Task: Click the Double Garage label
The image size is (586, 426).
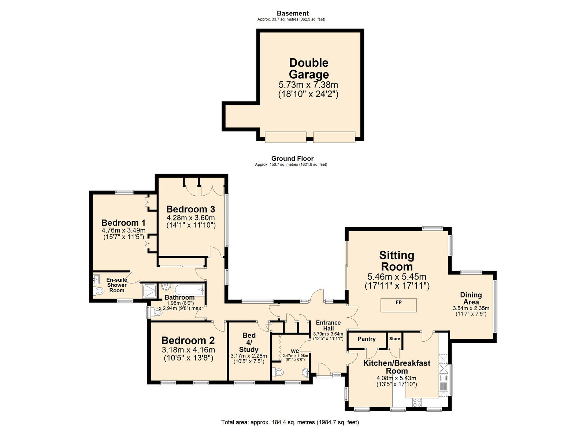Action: point(308,68)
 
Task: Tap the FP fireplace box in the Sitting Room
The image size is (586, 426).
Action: point(398,305)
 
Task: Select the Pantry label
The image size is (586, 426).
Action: point(367,339)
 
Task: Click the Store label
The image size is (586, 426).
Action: point(394,339)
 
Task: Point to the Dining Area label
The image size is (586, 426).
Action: point(471,298)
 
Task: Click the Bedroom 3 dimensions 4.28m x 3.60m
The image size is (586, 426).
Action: point(190,218)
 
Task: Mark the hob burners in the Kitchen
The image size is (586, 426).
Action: point(417,403)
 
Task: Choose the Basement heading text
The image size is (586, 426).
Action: point(293,13)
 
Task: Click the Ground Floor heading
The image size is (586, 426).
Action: point(292,158)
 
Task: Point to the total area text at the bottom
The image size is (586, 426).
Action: point(290,422)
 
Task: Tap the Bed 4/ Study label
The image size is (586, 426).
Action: point(249,342)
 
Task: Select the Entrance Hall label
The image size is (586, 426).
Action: point(328,325)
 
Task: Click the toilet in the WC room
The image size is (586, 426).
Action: point(278,373)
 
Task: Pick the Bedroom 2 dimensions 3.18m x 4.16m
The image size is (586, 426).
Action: point(188,350)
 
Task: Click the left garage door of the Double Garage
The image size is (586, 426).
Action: point(285,137)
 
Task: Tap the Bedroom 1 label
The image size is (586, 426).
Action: point(123,223)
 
